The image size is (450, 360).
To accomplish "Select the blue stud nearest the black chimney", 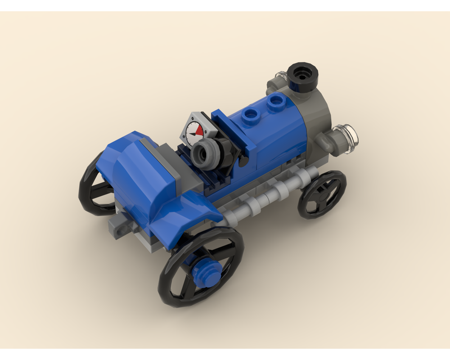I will pos(274,102).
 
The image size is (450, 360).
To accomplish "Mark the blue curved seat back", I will pos(135,180).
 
